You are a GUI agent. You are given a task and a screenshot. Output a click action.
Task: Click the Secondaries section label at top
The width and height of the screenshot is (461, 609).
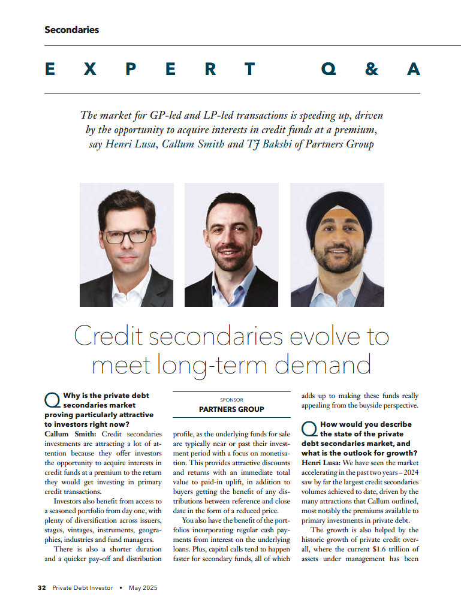click(x=71, y=29)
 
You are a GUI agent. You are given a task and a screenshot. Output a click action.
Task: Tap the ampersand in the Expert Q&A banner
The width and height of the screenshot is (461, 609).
click(x=372, y=70)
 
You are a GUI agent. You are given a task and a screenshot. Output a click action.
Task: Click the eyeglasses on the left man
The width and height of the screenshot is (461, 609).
click(x=128, y=236)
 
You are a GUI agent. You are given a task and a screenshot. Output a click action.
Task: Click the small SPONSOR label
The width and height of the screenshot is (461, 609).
click(x=231, y=399)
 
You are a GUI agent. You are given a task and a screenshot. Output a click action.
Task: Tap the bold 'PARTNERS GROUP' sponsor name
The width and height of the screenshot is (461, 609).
click(x=231, y=409)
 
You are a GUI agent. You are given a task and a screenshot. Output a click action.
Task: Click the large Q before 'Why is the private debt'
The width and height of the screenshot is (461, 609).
click(x=52, y=400)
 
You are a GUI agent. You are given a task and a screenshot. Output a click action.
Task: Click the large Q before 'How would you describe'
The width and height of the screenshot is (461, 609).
click(x=309, y=429)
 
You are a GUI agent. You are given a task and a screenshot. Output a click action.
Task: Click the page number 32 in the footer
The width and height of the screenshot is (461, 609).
click(x=42, y=588)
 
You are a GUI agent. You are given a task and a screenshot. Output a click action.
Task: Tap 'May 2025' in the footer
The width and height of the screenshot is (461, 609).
click(x=143, y=588)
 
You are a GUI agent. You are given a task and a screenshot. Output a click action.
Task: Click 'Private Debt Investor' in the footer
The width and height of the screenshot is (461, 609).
click(x=82, y=588)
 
